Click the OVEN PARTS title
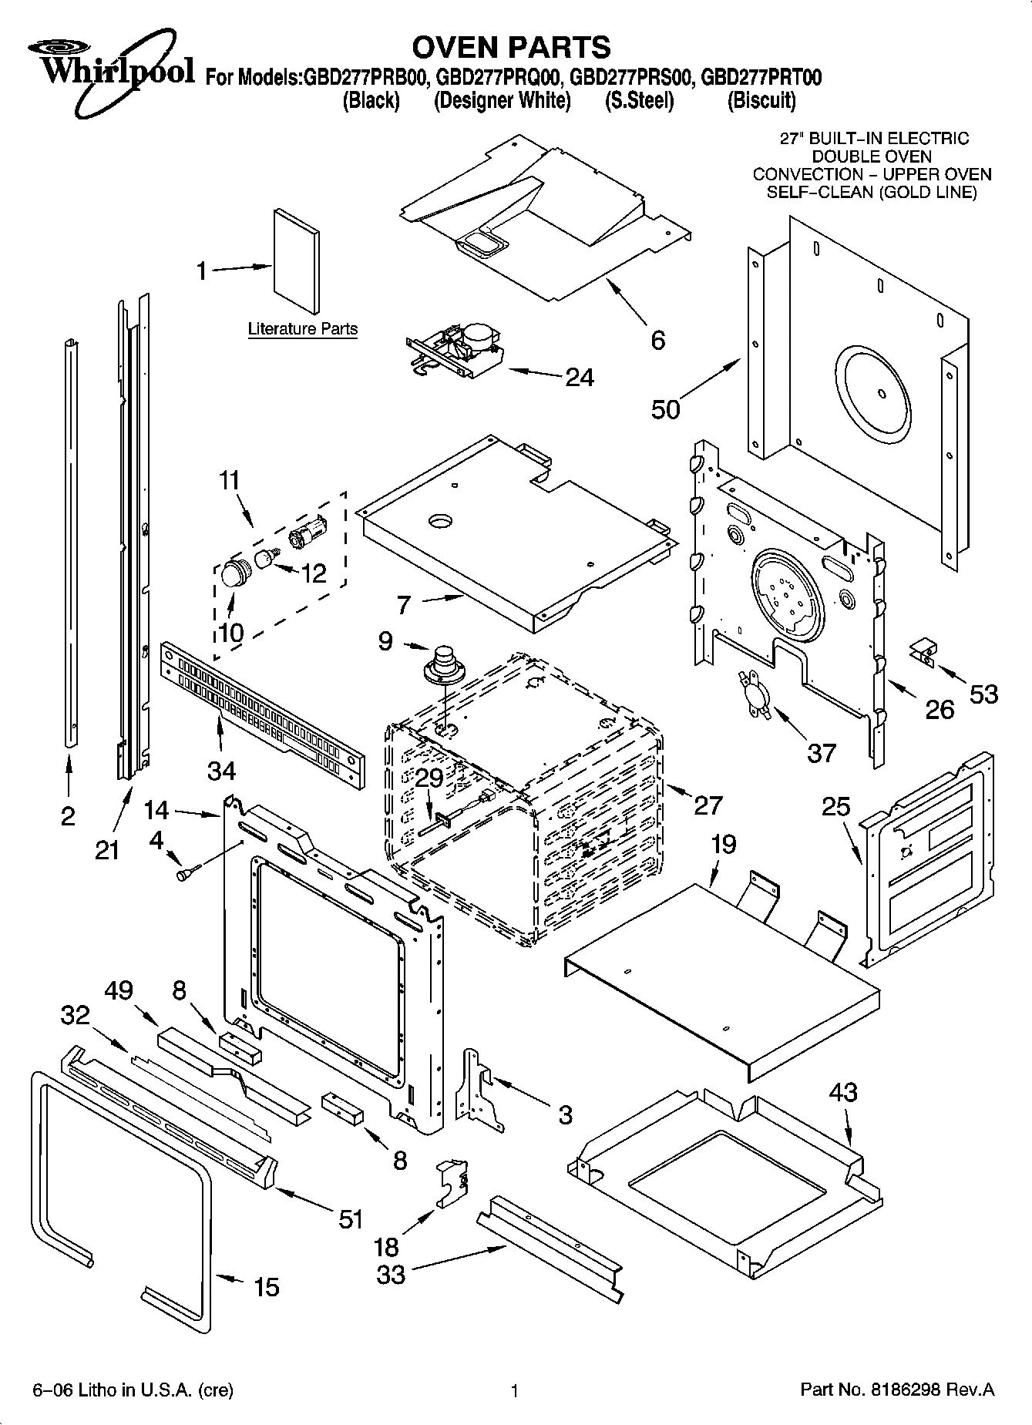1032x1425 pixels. tap(511, 47)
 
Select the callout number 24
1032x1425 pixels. tap(580, 377)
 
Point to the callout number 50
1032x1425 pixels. tap(665, 408)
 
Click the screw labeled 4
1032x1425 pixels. tap(187, 874)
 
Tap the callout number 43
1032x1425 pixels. tap(843, 1092)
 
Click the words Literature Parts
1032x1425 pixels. tap(302, 329)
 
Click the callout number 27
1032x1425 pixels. tap(708, 805)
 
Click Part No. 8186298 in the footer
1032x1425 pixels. tap(897, 1390)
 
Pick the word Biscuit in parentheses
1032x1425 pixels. tap(761, 101)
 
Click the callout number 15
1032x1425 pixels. tap(267, 1286)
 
